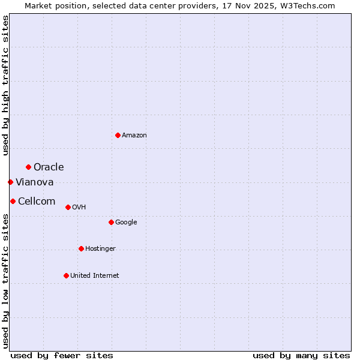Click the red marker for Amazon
pos(118,135)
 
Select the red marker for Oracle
pos(28,167)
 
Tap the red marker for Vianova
pos(10,182)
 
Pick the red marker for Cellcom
pos(13,201)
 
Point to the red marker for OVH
pos(68,207)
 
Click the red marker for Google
pos(111,222)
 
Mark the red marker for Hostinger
pos(81,248)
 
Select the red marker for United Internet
pos(66,275)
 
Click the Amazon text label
pos(134,136)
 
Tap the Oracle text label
pos(49,167)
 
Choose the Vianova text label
pos(35,182)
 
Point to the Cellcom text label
pos(37,201)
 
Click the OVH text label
pos(79,208)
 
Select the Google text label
pos(126,223)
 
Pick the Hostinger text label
pos(100,249)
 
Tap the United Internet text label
pos(95,276)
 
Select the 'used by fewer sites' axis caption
pos(62,355)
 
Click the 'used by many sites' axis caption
pos(301,355)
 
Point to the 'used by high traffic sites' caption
pos(5,85)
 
